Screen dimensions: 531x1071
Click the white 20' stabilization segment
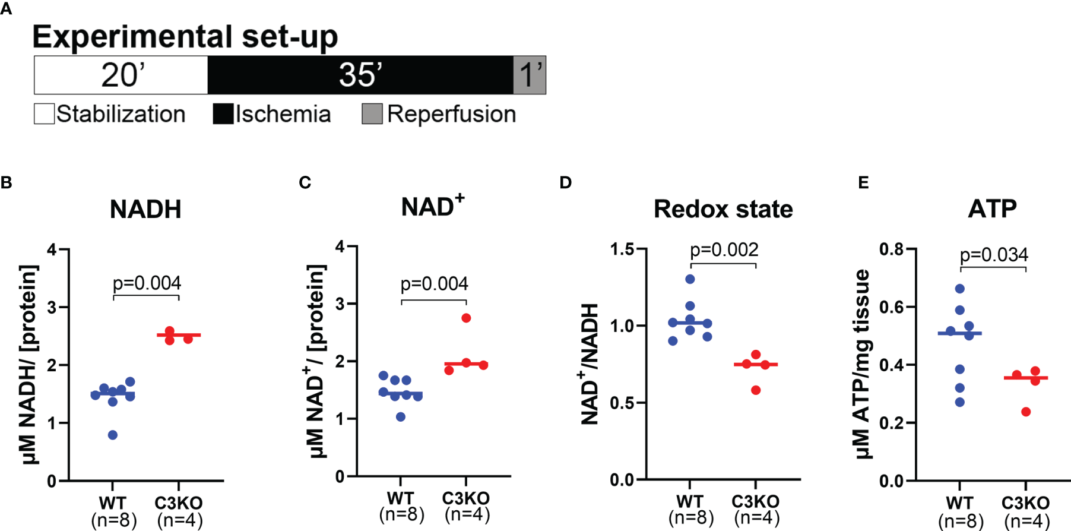(x=121, y=75)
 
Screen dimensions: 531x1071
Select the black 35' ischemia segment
(x=360, y=75)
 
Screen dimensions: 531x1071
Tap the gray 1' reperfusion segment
(x=530, y=75)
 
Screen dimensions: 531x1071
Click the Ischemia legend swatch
(x=223, y=114)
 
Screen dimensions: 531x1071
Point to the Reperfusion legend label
(x=451, y=114)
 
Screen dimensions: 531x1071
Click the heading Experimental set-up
(x=185, y=37)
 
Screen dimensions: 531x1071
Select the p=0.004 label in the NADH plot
(x=147, y=283)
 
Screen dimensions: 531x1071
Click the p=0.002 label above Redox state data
(x=724, y=249)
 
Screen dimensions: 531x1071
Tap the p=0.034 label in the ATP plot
(x=994, y=255)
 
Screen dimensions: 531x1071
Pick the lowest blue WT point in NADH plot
(x=113, y=435)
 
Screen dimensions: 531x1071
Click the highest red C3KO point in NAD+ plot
(x=466, y=318)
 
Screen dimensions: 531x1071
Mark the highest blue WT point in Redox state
(x=690, y=279)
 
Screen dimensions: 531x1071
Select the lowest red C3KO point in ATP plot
(x=1026, y=412)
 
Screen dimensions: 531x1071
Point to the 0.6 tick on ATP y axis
(x=891, y=307)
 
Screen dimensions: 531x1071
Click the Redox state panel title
(x=723, y=209)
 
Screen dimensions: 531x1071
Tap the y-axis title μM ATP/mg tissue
(x=862, y=364)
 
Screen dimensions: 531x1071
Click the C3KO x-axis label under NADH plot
(x=179, y=503)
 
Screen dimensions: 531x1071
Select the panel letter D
(x=565, y=182)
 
